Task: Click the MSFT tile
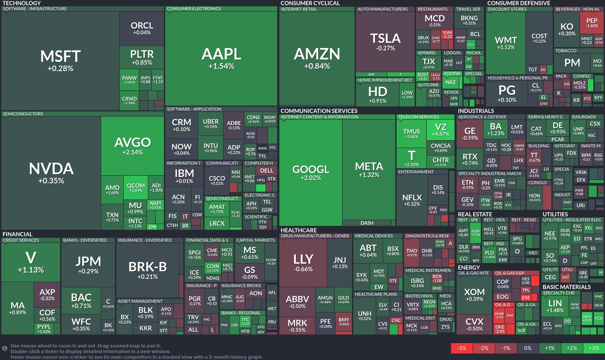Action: coord(60,61)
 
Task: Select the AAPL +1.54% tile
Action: coord(221,58)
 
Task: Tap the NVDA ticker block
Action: coord(51,173)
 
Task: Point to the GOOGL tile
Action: coord(311,173)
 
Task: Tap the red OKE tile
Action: coord(500,329)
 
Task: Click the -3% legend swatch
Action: coord(462,348)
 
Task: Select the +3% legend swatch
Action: coord(593,348)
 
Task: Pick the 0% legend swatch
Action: coord(528,348)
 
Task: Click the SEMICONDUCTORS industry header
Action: coord(23,114)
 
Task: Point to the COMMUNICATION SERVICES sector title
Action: coord(319,111)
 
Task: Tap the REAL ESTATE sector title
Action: coord(475,214)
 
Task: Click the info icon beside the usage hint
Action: coord(5,347)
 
